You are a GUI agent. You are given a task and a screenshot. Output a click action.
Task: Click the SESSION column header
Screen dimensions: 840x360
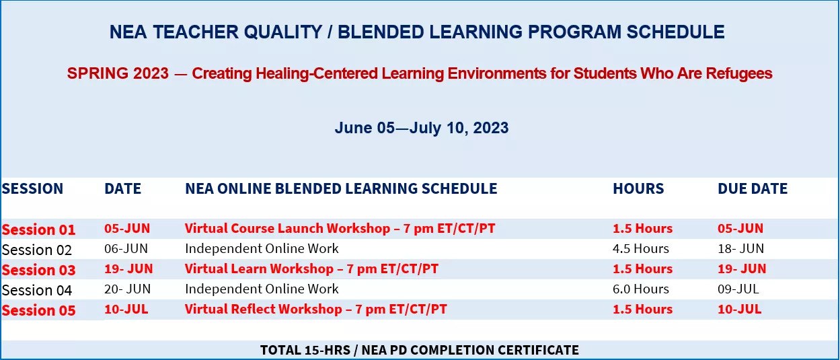[x=32, y=188]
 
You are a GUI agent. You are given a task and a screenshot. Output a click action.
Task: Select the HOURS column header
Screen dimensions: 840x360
[x=638, y=188]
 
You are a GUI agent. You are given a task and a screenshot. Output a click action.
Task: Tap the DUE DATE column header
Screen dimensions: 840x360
[x=753, y=188]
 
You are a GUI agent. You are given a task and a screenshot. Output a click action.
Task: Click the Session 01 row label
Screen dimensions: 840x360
[x=38, y=229]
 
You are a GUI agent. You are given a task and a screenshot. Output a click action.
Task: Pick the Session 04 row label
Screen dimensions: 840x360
[x=37, y=290]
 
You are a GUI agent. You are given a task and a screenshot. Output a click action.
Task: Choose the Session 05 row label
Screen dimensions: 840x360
[x=38, y=310]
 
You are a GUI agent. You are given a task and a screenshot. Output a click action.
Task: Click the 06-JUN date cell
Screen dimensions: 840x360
[x=126, y=248]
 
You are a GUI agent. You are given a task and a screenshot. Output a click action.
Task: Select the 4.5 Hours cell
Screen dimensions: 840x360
[x=641, y=248]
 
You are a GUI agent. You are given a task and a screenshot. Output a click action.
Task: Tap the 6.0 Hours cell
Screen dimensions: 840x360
[x=641, y=289]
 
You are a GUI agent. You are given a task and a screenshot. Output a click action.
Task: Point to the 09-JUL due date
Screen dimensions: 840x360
[x=738, y=289]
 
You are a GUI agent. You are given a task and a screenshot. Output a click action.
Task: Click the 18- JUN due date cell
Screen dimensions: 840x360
[x=740, y=248]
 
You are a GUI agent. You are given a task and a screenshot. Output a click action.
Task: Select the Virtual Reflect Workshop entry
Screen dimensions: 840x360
[x=315, y=310]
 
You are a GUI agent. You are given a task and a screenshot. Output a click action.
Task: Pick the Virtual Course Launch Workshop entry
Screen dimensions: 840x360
[x=340, y=228]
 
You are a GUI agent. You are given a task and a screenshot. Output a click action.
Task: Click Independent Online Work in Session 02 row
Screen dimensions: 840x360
[x=262, y=248]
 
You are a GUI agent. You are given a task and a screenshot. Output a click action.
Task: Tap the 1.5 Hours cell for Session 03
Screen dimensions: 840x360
[x=643, y=268]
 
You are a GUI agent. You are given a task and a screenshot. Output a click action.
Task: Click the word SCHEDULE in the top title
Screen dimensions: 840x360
[x=675, y=32]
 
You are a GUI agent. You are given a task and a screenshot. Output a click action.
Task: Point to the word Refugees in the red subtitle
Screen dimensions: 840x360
[x=739, y=73]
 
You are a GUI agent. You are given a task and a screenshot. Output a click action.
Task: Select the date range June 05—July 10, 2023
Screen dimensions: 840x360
[x=422, y=128]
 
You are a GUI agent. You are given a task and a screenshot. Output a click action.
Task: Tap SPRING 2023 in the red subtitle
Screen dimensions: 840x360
[x=118, y=73]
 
